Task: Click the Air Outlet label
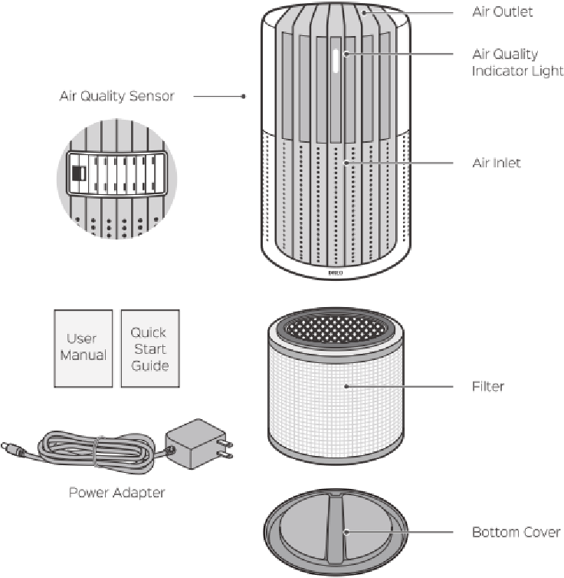502,12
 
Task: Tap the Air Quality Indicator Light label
517,62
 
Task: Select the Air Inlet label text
497,163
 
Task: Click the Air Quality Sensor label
116,96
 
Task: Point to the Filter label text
488,386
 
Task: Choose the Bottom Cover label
516,532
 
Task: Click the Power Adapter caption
117,493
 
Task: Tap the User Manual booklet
84,348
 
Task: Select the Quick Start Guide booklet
150,348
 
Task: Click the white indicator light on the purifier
336,61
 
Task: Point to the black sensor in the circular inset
78,173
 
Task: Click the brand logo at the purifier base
335,272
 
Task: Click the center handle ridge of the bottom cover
335,528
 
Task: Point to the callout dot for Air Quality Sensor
244,96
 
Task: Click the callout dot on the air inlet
346,163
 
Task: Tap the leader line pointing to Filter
399,386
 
